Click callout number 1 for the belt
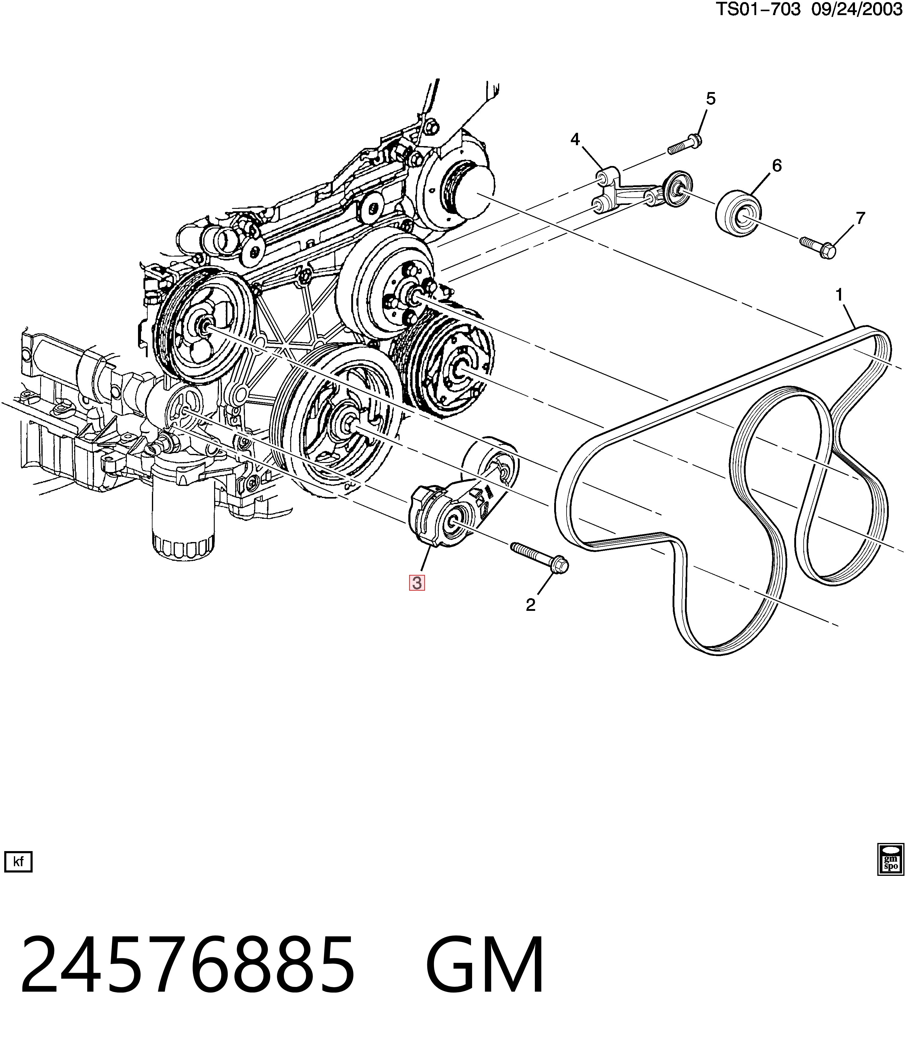pos(839,295)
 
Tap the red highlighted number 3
pos(417,583)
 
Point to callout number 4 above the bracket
pos(575,139)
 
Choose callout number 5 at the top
pos(710,99)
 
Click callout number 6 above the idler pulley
pos(777,166)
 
